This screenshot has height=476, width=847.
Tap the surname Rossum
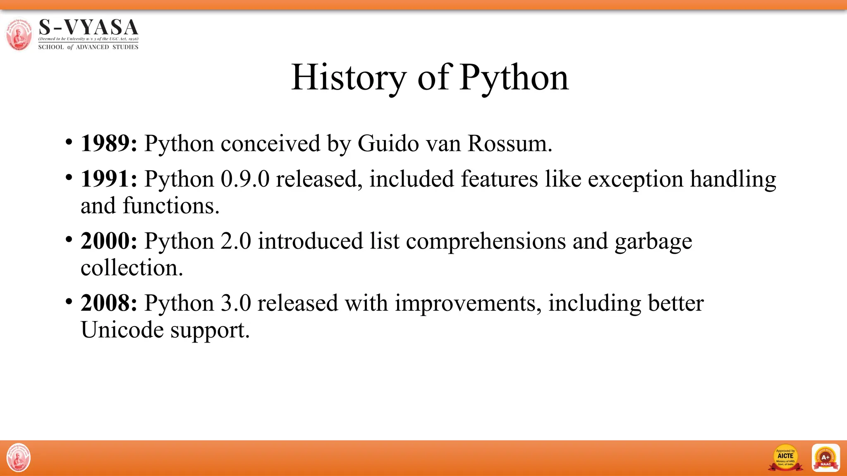click(x=510, y=143)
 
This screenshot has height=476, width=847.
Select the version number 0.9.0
click(x=245, y=179)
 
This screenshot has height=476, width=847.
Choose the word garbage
click(x=653, y=242)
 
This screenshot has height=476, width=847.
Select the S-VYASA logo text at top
click(x=88, y=28)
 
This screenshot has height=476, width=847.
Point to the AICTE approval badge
click(x=785, y=458)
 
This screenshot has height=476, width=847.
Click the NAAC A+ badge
click(x=825, y=458)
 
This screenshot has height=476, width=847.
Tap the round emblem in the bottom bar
click(x=19, y=458)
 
